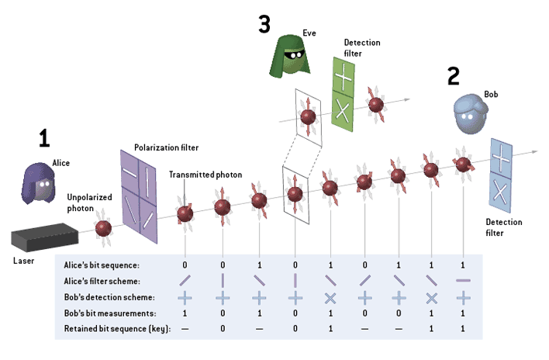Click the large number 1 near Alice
coord(45,138)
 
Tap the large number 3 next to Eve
coord(264,25)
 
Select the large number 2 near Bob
coord(454,75)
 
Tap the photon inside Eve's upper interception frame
coord(308,116)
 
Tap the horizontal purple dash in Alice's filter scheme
coord(463,281)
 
